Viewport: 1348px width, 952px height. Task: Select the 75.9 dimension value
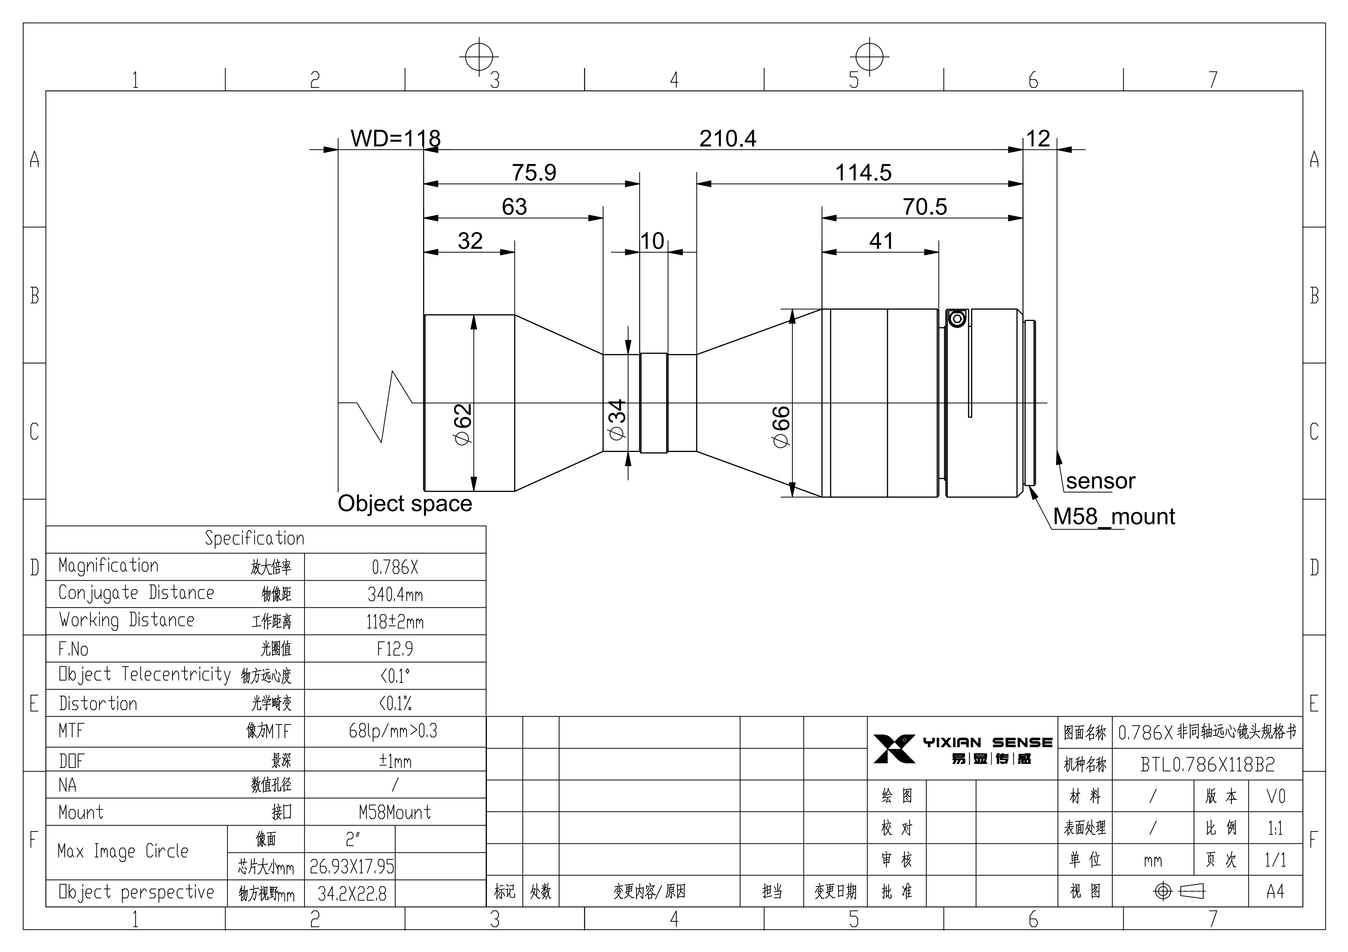pos(534,173)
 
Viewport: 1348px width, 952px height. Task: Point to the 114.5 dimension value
pos(863,173)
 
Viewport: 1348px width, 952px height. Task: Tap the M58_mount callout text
pos(1114,516)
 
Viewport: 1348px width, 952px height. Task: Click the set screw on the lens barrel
pos(957,319)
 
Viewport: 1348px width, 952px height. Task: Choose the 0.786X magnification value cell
pos(395,567)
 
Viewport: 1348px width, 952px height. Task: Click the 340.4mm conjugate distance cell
pos(395,595)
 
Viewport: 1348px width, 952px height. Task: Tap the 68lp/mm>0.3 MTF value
pos(393,731)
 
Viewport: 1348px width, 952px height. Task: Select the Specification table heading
pos(254,538)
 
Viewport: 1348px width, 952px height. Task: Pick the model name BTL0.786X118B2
pos(1207,764)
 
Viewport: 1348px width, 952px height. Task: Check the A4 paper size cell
pos(1275,892)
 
